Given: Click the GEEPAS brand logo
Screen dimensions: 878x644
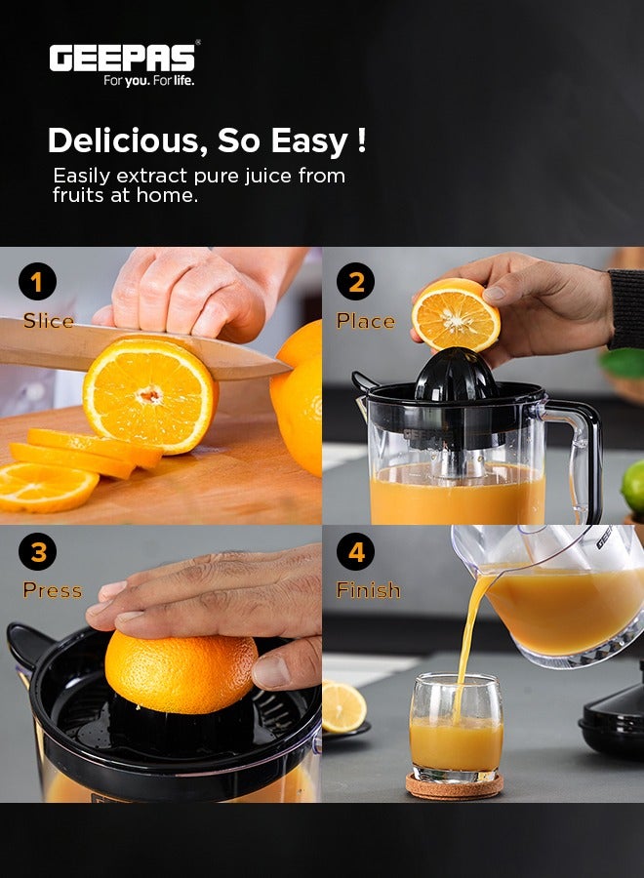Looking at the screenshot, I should pyautogui.click(x=123, y=58).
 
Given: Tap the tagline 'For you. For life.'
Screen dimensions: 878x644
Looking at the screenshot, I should pyautogui.click(x=149, y=81).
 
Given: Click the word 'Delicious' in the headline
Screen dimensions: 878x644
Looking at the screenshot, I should pyautogui.click(x=125, y=140).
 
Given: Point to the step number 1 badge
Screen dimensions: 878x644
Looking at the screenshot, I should pyautogui.click(x=37, y=282).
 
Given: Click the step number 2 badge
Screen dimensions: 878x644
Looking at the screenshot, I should pyautogui.click(x=355, y=282).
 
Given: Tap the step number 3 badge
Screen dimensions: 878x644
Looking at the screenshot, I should pyautogui.click(x=37, y=552).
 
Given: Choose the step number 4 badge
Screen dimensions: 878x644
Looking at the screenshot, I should pyautogui.click(x=355, y=552).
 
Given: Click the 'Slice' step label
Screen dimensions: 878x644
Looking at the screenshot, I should pyautogui.click(x=48, y=321).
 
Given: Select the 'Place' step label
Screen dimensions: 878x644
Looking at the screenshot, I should pyautogui.click(x=365, y=321).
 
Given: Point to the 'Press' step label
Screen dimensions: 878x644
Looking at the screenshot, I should pyautogui.click(x=52, y=590).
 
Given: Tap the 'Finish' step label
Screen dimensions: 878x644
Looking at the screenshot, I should pyautogui.click(x=368, y=590).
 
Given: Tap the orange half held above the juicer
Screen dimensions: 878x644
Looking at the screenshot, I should pyautogui.click(x=455, y=314).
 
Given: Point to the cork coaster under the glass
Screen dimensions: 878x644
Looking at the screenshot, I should pyautogui.click(x=455, y=785).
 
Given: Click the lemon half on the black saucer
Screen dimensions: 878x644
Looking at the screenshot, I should pyautogui.click(x=342, y=707).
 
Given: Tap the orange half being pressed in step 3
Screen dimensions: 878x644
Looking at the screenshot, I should pyautogui.click(x=181, y=671).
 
